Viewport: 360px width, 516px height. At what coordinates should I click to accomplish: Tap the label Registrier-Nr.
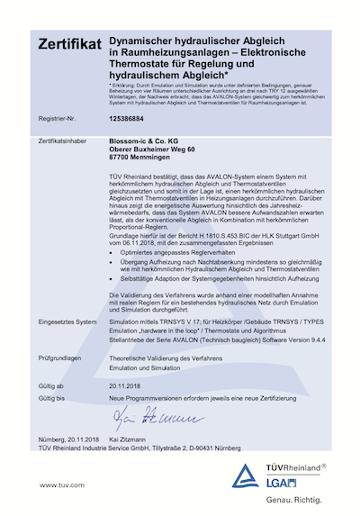pos(57,117)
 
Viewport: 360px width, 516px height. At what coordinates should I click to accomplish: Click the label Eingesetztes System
pos(67,321)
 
